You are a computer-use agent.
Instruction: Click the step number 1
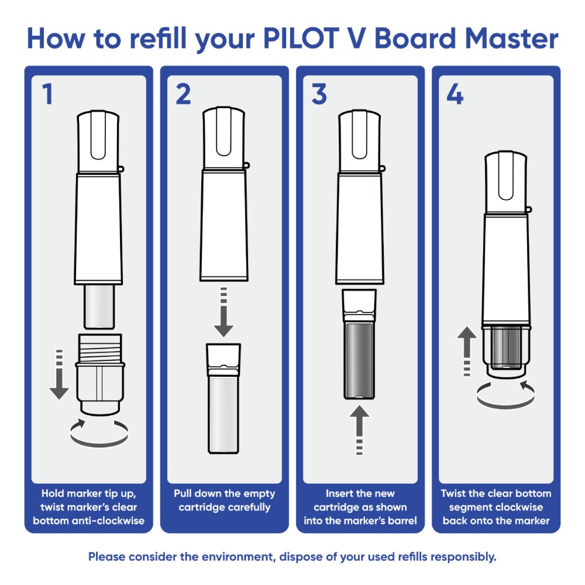[47, 94]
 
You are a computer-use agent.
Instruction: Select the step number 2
[183, 94]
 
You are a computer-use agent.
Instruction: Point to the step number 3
[319, 94]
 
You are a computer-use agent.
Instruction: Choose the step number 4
[455, 94]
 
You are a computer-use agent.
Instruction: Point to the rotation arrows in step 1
[98, 432]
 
